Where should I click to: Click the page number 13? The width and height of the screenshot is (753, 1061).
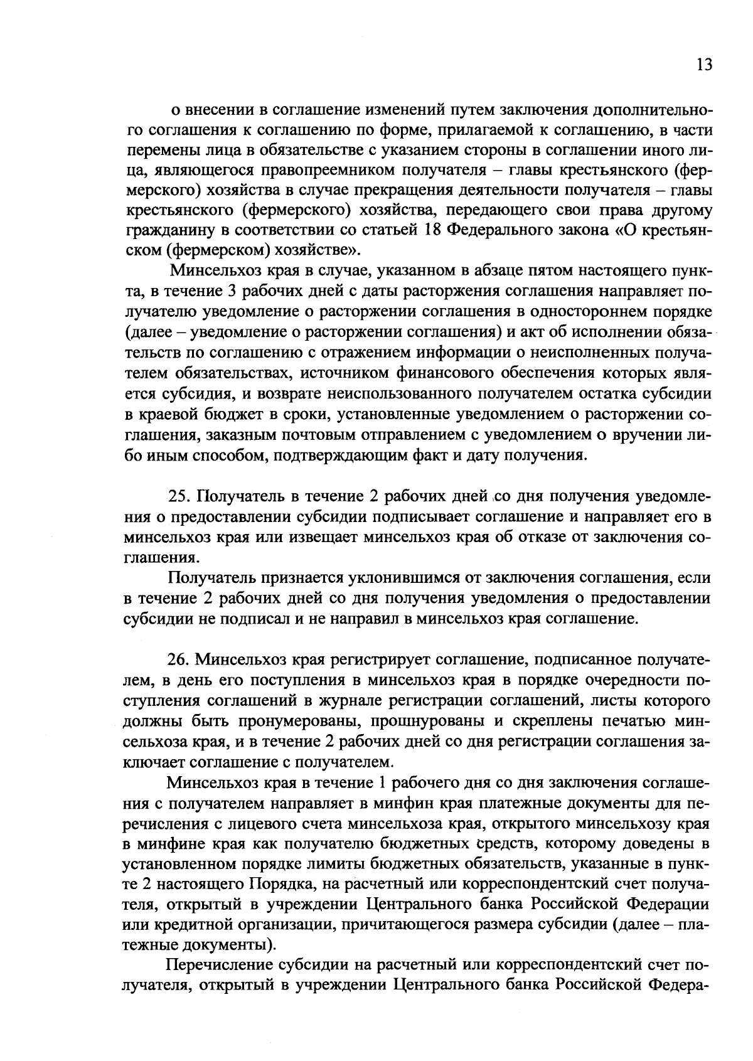704,65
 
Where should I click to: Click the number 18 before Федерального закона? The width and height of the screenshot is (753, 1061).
433,230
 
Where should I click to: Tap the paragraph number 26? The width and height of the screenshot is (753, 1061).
179,659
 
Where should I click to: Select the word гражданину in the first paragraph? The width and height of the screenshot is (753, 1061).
166,230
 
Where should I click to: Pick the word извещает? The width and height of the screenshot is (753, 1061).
322,538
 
